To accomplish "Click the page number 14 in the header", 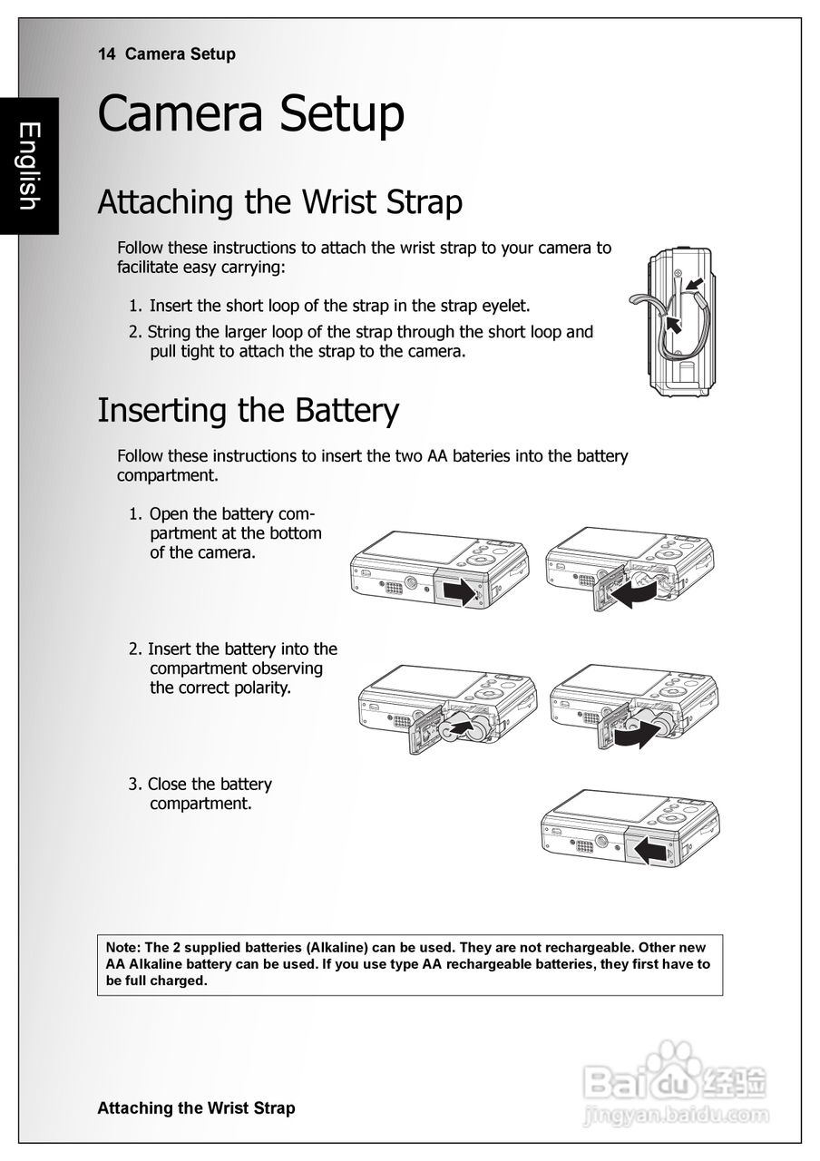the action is (106, 54).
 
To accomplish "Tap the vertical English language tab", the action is (29, 166).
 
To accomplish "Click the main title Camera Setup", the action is (250, 115).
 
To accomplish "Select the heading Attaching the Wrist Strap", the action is (279, 201).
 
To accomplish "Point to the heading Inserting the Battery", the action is (248, 411).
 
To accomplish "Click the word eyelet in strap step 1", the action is (504, 306).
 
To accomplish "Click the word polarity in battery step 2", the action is (260, 688).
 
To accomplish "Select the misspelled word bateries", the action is (482, 456).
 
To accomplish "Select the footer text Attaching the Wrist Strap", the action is (196, 1108).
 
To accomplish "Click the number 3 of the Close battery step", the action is (132, 785).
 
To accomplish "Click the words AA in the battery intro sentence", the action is (437, 456).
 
